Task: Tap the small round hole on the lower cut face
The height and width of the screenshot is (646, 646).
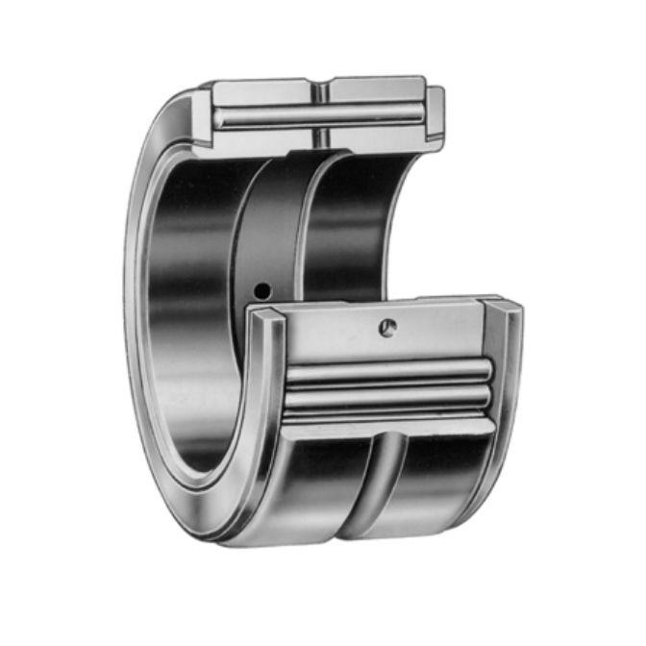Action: click(x=386, y=327)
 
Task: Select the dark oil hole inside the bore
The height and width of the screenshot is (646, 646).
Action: click(x=260, y=290)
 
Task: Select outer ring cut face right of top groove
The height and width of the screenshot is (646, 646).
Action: click(x=375, y=89)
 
